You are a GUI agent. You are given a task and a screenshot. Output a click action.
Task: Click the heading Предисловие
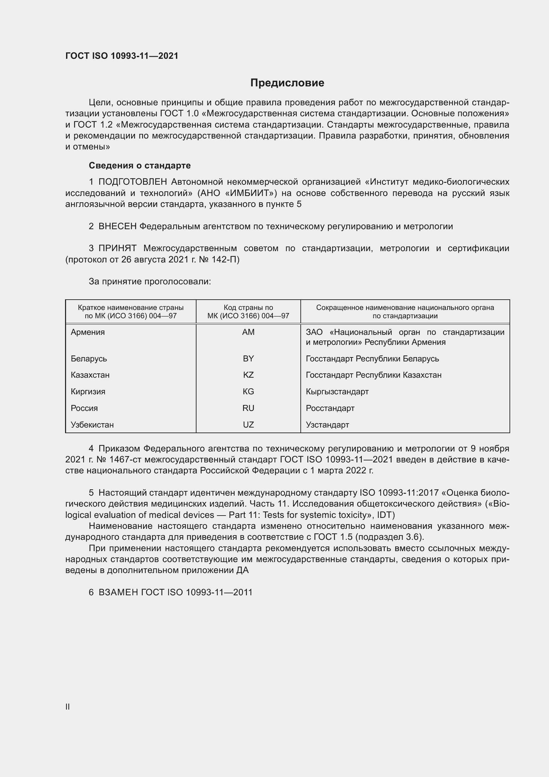[x=287, y=83]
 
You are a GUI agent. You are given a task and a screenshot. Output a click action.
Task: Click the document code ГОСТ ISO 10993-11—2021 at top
[x=122, y=56]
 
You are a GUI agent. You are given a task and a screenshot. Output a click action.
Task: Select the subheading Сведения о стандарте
[x=140, y=165]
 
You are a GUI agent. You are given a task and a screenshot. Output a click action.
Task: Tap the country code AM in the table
[x=248, y=332]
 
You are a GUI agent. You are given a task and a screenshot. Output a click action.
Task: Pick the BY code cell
[x=248, y=358]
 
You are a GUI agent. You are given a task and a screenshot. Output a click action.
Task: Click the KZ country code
[x=248, y=375]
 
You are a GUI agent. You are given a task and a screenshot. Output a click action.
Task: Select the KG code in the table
[x=248, y=392]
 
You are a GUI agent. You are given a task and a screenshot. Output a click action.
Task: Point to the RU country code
[x=248, y=408]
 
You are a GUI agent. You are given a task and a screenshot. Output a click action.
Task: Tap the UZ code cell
[x=248, y=425]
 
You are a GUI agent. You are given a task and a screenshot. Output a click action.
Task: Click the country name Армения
[x=88, y=332]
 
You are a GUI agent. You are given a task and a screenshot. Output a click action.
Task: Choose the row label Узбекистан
[x=92, y=425]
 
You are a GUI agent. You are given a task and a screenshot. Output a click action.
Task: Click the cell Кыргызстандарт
[x=337, y=392]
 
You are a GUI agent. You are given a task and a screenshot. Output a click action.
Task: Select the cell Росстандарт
[x=330, y=408]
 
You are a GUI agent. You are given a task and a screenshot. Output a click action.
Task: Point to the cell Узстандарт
[x=327, y=425]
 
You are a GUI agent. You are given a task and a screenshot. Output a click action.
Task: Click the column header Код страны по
[x=248, y=308]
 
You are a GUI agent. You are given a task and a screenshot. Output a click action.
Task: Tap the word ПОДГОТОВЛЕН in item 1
[x=132, y=182]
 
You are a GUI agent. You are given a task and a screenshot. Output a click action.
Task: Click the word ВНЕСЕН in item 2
[x=117, y=227]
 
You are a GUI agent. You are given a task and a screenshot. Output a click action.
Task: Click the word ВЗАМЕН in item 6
[x=118, y=592]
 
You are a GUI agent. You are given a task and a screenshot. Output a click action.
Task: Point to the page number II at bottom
[x=68, y=707]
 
